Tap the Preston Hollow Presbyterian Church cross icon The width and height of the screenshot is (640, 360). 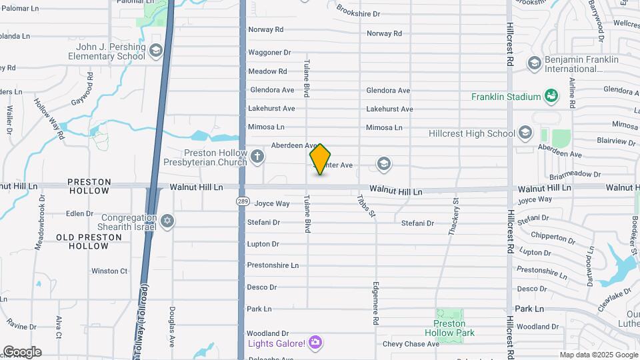pos(257,157)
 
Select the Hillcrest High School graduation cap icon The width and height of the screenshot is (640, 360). pos(525,133)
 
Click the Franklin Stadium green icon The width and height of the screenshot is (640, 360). pos(551,97)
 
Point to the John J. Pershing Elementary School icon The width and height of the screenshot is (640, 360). pos(156,51)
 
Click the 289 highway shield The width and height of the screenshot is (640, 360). pos(241,200)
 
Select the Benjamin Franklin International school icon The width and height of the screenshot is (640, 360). pos(534,63)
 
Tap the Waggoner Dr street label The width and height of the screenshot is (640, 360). pos(269,52)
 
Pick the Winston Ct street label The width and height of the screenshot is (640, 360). pos(109,271)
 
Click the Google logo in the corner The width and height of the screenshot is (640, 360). pos(22,352)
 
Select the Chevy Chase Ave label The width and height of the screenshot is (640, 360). pos(411,344)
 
